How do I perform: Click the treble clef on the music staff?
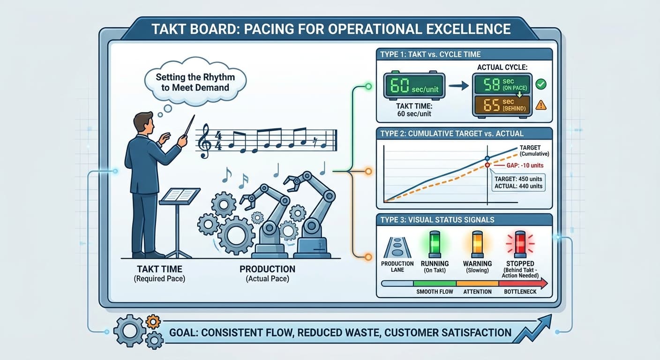click(x=205, y=141)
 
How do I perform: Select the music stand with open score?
click(x=179, y=197)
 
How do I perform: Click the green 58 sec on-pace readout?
click(x=502, y=84)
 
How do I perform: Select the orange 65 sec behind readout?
click(x=502, y=105)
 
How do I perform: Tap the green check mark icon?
click(x=540, y=85)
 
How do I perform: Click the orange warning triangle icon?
click(x=540, y=105)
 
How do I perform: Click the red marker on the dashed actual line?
click(x=487, y=165)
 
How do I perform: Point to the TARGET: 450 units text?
click(x=518, y=179)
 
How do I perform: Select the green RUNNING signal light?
click(x=435, y=243)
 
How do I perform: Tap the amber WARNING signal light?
click(x=477, y=243)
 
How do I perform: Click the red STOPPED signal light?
click(x=520, y=243)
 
